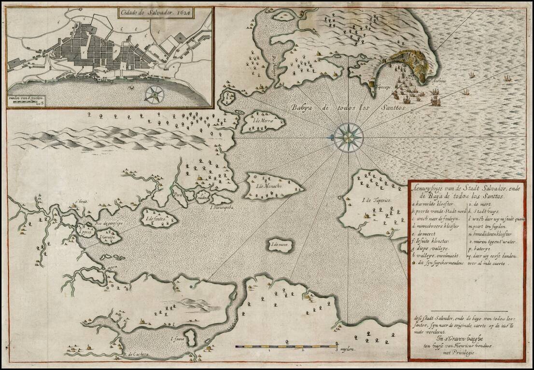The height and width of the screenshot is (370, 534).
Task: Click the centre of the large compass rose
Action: point(347,136)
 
